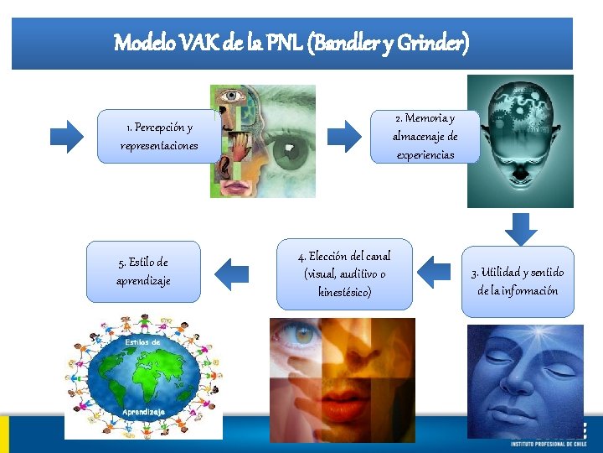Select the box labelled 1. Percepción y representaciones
[x=159, y=137]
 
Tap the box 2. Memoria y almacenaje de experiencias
[x=425, y=136]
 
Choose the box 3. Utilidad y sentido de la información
[x=518, y=281]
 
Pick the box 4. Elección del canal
[x=344, y=274]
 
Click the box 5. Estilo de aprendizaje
[x=143, y=272]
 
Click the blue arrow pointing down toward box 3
[x=522, y=228]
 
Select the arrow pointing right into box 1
[x=68, y=134]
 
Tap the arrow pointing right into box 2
[x=343, y=134]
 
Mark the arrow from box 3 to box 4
[x=434, y=271]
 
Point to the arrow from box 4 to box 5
[x=232, y=272]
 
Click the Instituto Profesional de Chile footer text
[x=549, y=442]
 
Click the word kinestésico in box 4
[x=344, y=292]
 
